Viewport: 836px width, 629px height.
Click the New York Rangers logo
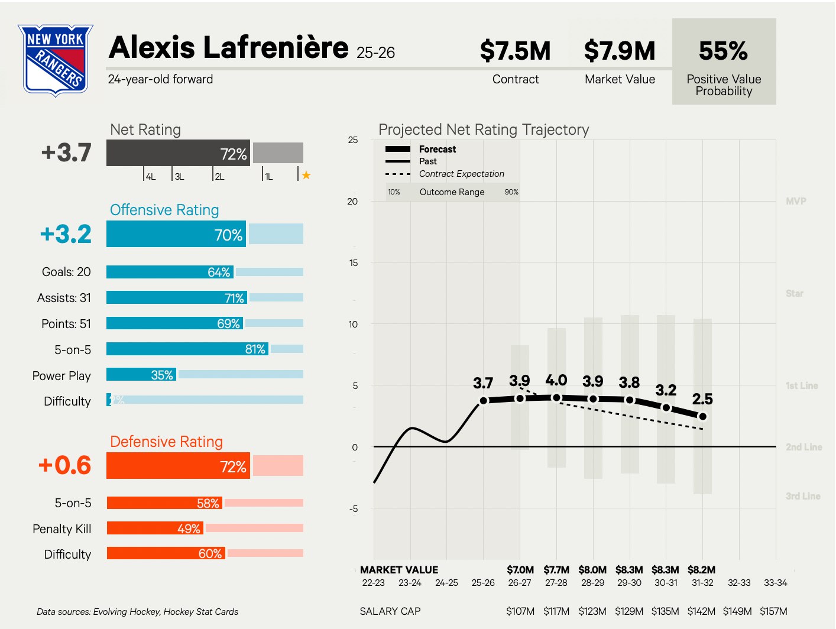[56, 60]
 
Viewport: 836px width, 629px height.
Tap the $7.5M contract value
[515, 51]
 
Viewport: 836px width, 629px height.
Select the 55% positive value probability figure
[723, 51]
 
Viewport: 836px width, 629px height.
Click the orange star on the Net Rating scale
[306, 175]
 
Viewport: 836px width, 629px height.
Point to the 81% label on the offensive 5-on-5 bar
[255, 349]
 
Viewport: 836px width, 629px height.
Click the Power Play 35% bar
[141, 375]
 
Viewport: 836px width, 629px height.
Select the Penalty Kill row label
[62, 529]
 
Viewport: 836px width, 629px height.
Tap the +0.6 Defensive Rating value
[65, 466]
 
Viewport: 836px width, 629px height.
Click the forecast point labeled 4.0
[556, 398]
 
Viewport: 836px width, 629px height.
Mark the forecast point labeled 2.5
[702, 416]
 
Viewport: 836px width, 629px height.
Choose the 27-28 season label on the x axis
[556, 583]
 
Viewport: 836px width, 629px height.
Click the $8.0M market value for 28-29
[592, 570]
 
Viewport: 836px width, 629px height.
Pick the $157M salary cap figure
[773, 611]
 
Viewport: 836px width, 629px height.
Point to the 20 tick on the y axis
[352, 202]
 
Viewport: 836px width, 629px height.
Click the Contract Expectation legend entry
[461, 174]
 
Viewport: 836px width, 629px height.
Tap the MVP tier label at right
[796, 202]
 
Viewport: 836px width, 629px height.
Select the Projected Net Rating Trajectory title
[484, 129]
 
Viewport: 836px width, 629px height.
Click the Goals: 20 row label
[66, 272]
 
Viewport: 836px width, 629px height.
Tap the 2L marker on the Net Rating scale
[219, 177]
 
